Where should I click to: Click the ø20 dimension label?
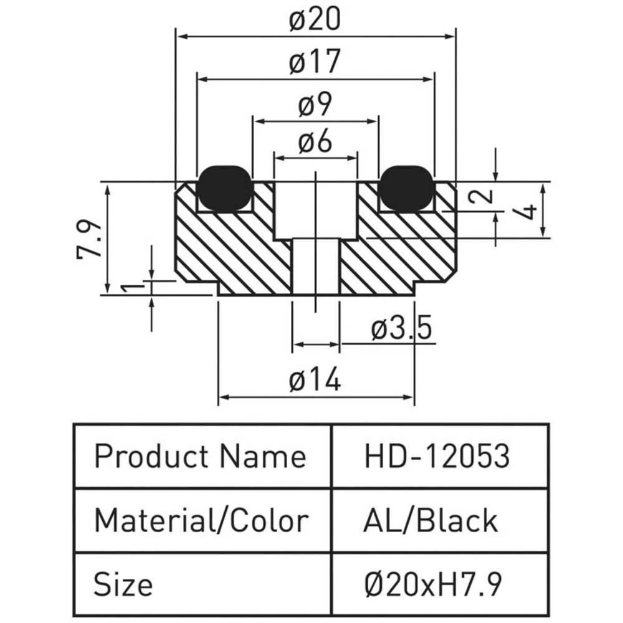click(x=315, y=21)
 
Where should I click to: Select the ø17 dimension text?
click(x=315, y=62)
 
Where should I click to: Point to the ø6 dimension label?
click(x=315, y=143)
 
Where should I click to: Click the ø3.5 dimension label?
click(x=401, y=328)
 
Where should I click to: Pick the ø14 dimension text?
click(x=315, y=379)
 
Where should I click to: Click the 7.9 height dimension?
click(x=90, y=239)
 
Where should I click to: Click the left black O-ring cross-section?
click(x=225, y=188)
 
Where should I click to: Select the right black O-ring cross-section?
click(x=407, y=188)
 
